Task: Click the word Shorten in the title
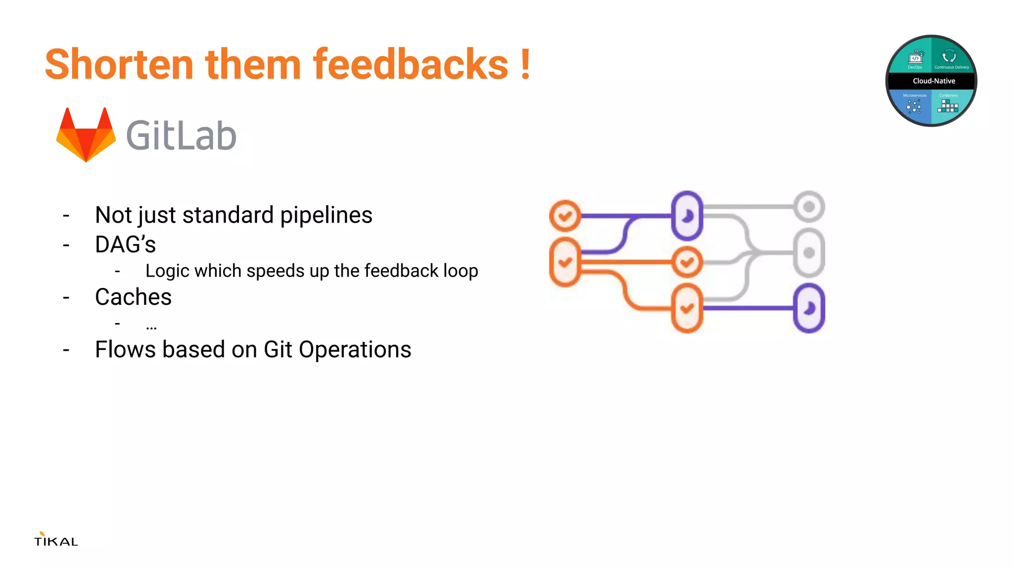click(119, 64)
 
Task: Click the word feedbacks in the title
click(410, 64)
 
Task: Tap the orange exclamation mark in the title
click(525, 64)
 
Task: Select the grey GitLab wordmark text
click(181, 136)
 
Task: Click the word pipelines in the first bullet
click(326, 215)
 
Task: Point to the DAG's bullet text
click(125, 244)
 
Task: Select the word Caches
click(133, 297)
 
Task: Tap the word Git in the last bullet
click(278, 349)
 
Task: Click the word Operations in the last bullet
click(355, 349)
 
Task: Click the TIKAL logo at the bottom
click(56, 540)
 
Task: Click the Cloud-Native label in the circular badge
click(933, 81)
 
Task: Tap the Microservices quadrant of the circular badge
click(913, 105)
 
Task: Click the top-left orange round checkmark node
click(565, 216)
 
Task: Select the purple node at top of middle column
click(687, 216)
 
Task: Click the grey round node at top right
click(809, 206)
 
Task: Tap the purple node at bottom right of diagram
click(809, 308)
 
